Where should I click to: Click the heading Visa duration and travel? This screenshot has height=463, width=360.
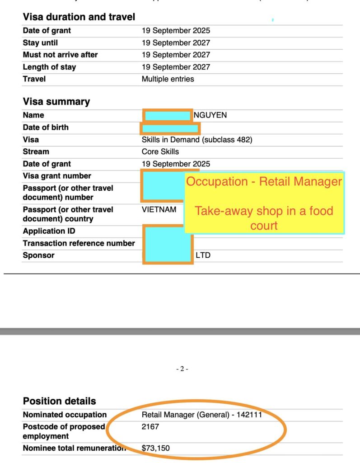tap(79, 17)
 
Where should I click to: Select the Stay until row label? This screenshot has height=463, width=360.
tap(40, 43)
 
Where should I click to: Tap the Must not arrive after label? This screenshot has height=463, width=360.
tap(60, 55)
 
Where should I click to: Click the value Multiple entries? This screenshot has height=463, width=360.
tap(168, 79)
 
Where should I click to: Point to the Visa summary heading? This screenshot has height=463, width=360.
tap(56, 102)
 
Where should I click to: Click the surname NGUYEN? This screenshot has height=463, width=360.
tap(210, 115)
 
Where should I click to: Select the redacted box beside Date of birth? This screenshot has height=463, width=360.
tap(170, 128)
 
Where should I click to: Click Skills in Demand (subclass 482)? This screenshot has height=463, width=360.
tap(197, 140)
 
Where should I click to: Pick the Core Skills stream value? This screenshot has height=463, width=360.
tap(160, 151)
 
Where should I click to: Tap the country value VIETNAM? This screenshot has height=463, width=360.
tap(159, 209)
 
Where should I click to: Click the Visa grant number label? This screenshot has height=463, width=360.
tap(57, 176)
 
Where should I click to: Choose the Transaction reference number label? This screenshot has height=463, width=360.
tap(79, 243)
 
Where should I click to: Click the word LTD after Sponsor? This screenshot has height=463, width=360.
tap(203, 255)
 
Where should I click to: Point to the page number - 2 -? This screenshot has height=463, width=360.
tap(182, 369)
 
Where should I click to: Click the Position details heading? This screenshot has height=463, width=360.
tap(59, 401)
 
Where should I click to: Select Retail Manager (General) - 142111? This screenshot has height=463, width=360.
tap(201, 415)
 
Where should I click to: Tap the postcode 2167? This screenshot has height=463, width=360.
tap(150, 426)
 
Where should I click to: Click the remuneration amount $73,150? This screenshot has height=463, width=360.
tap(156, 448)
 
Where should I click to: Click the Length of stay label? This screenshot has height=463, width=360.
tap(49, 67)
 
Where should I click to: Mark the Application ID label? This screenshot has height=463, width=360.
tap(49, 231)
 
